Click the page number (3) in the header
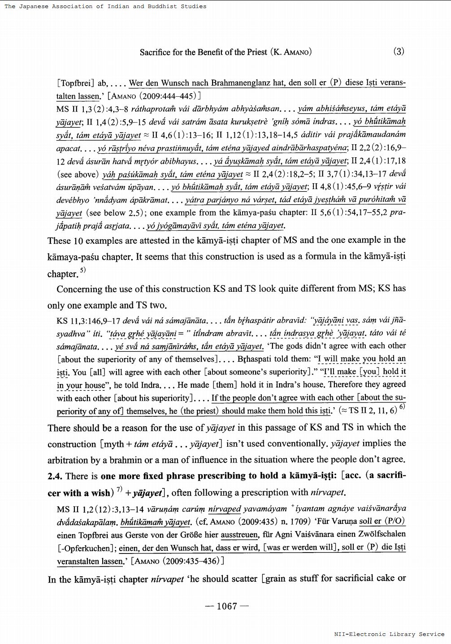pos(399,51)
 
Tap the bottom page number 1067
pos(226,606)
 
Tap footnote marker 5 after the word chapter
pos(83,270)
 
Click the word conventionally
pos(295,444)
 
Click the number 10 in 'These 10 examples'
pos(78,241)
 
